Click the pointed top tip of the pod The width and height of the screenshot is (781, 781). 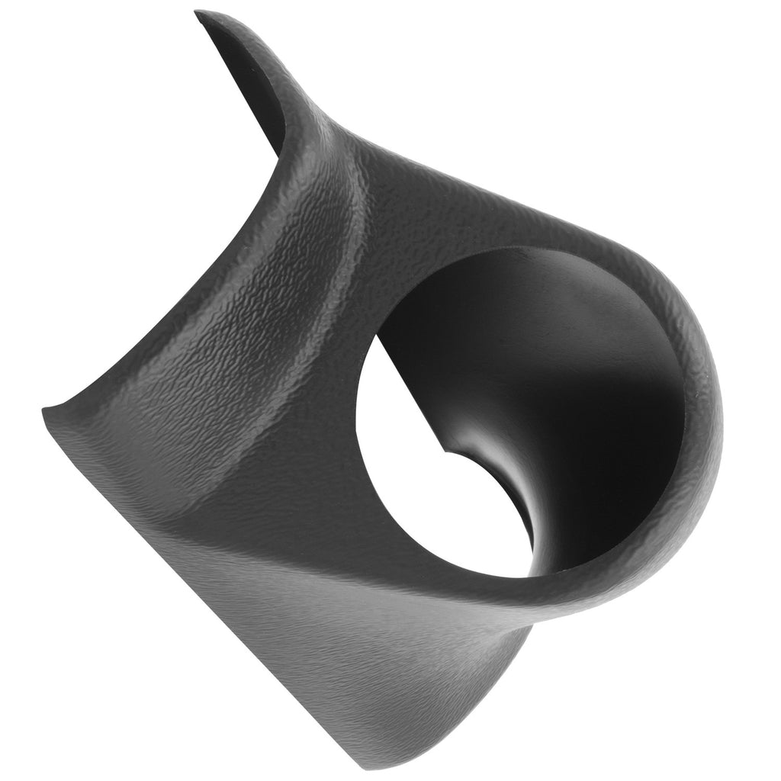pyautogui.click(x=200, y=14)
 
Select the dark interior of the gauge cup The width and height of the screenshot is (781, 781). pyautogui.click(x=564, y=381)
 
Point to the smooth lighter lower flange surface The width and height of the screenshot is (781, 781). pyautogui.click(x=343, y=648)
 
